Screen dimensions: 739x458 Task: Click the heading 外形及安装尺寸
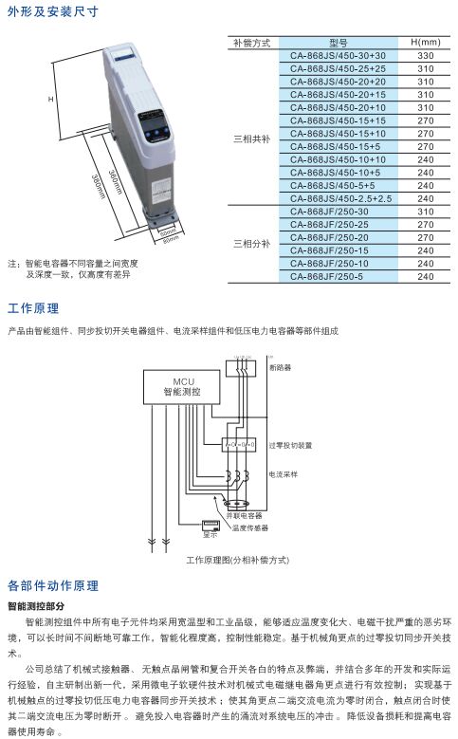tap(51, 12)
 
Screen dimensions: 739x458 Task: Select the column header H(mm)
tap(426, 43)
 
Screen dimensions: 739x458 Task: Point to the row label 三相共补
tap(252, 139)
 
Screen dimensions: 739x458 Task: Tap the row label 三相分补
tap(252, 244)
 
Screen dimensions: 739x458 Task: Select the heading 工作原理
tap(33, 308)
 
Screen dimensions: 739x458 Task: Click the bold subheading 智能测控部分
tap(37, 604)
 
